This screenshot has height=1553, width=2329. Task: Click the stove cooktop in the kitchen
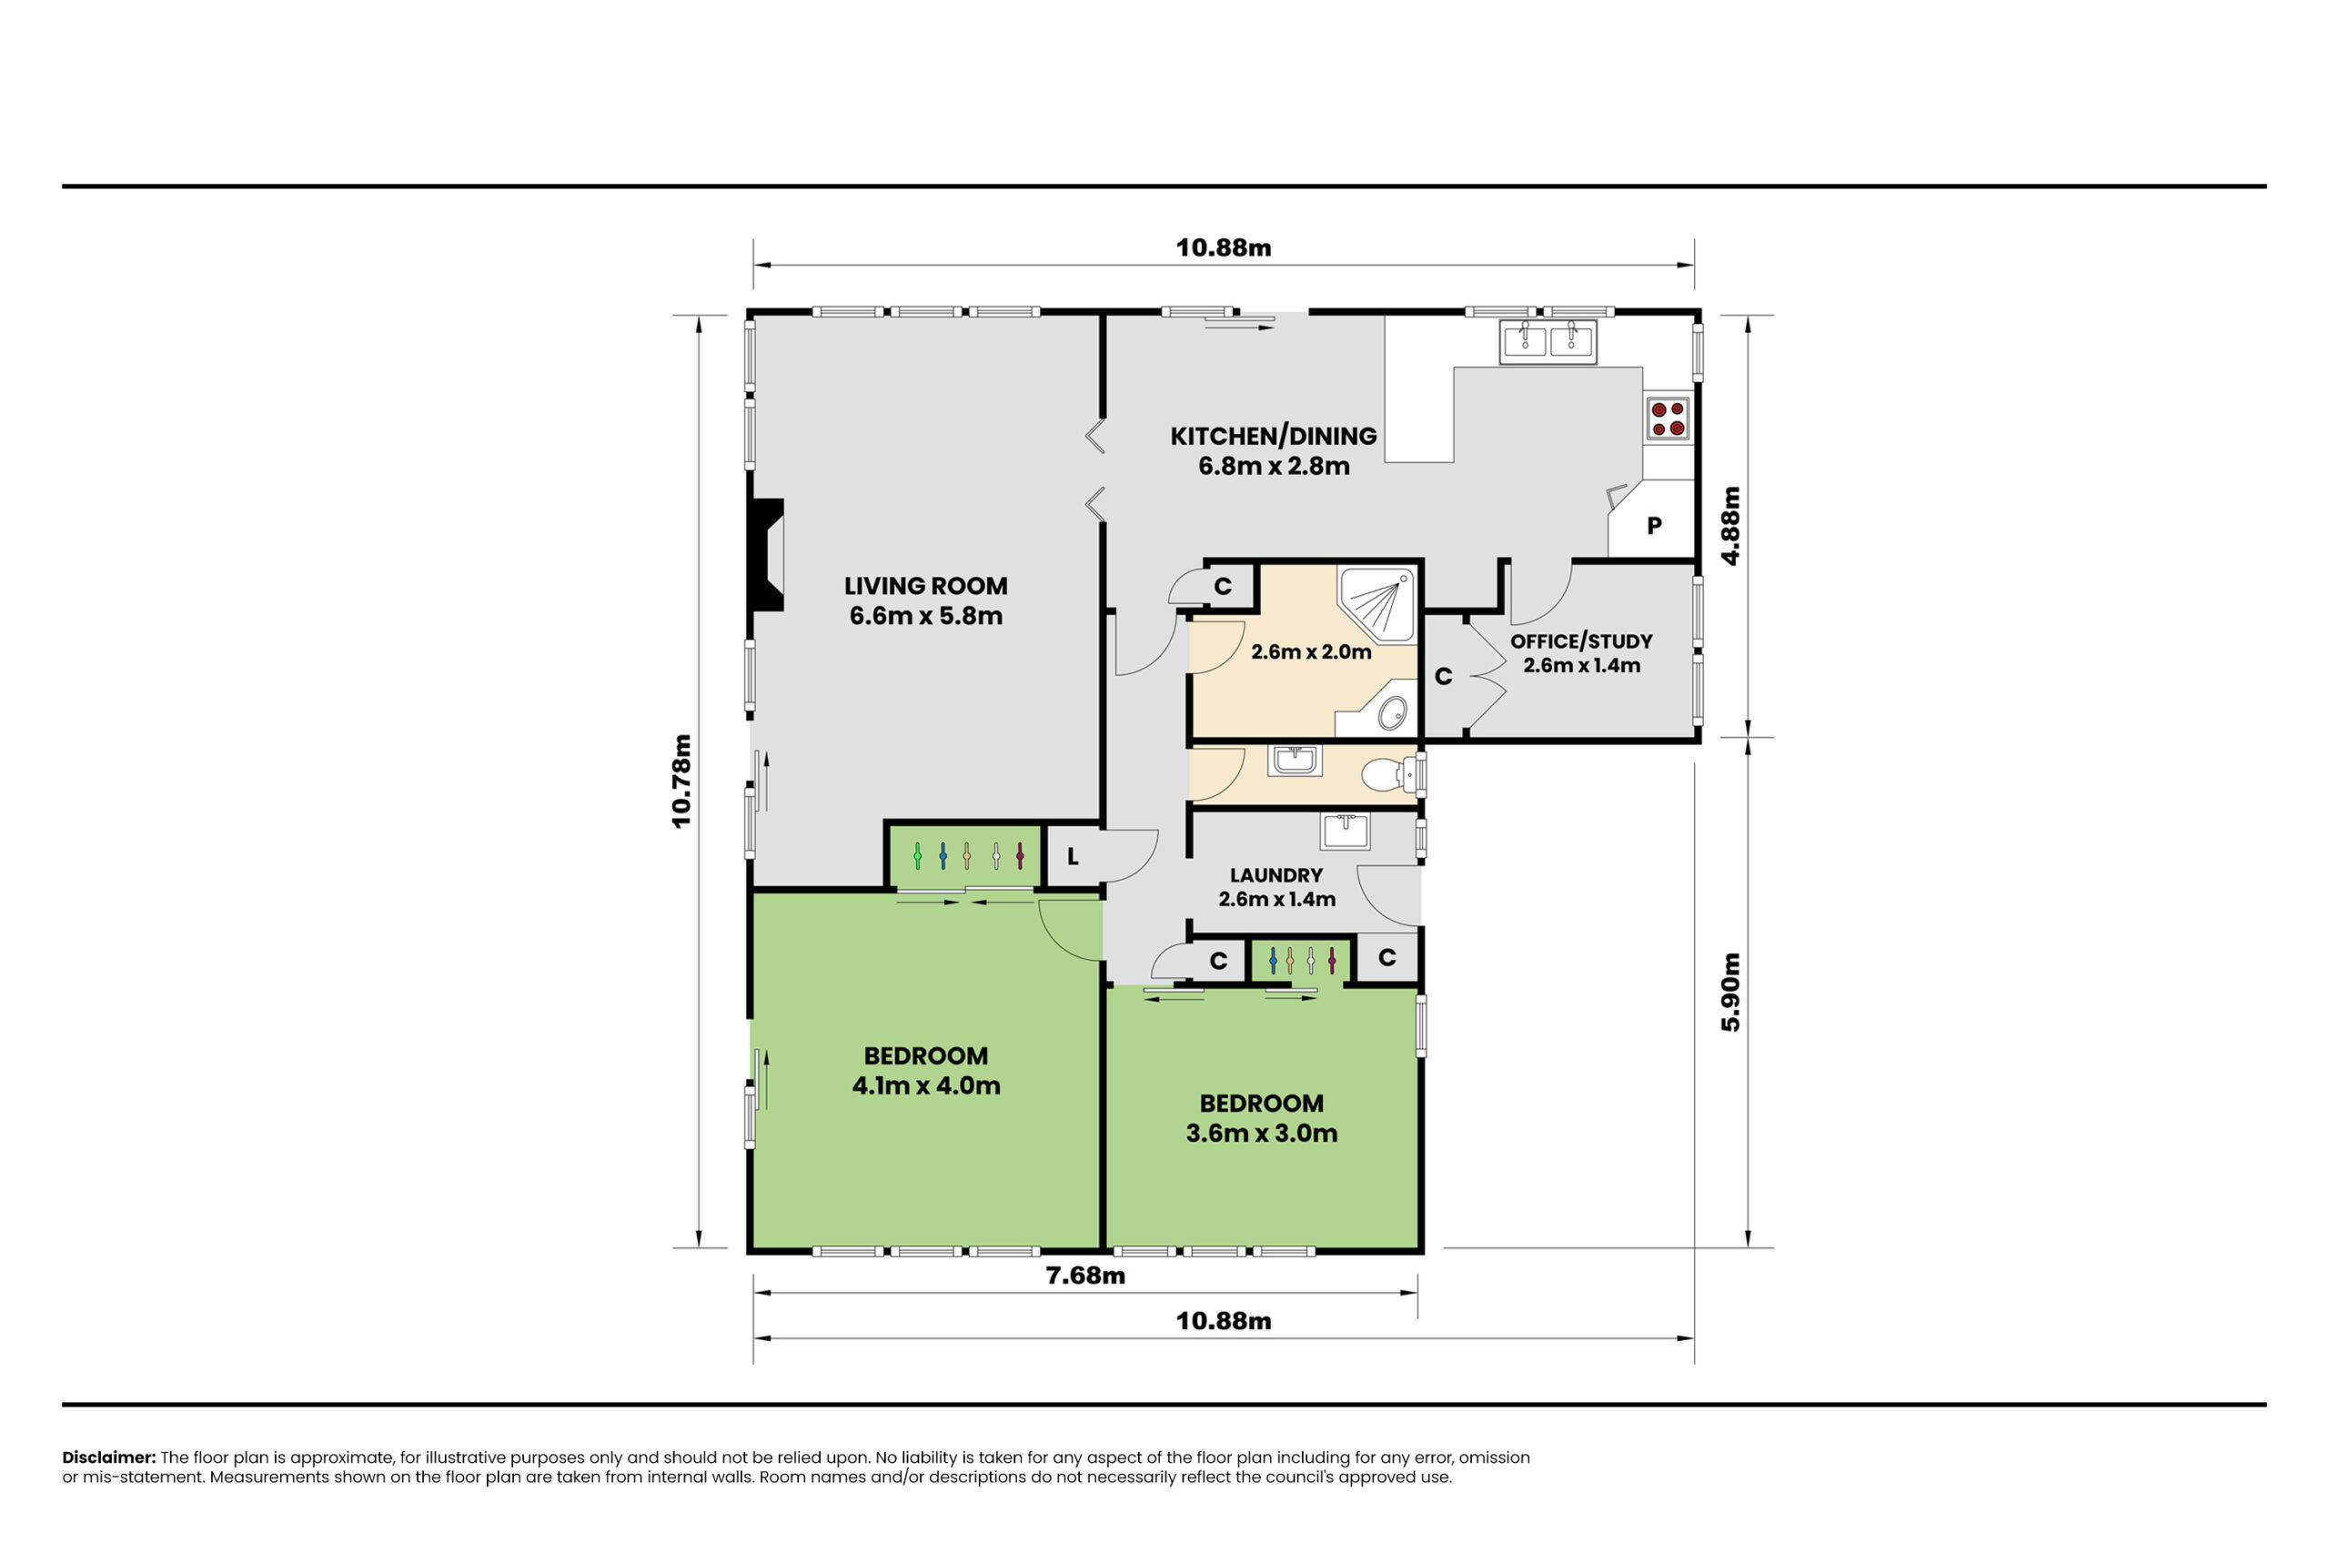(1667, 418)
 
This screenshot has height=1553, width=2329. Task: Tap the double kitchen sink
(1548, 342)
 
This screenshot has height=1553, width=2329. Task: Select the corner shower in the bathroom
(1377, 603)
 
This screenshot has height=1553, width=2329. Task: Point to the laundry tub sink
(1345, 831)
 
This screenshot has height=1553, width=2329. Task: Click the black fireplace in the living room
(766, 555)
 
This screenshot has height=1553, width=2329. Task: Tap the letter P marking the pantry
(1655, 526)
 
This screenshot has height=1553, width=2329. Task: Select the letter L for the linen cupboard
(1073, 857)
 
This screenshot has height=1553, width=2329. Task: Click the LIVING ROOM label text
(926, 586)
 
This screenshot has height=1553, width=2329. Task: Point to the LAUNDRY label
(1276, 875)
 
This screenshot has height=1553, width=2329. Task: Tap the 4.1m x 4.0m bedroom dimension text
(926, 1085)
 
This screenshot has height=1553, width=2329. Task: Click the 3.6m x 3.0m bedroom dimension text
(1262, 1133)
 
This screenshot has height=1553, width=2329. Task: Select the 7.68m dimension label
(1085, 1276)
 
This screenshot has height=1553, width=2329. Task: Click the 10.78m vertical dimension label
(681, 781)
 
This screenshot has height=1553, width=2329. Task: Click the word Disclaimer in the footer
(109, 1457)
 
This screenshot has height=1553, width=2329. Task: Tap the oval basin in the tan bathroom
(1392, 712)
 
